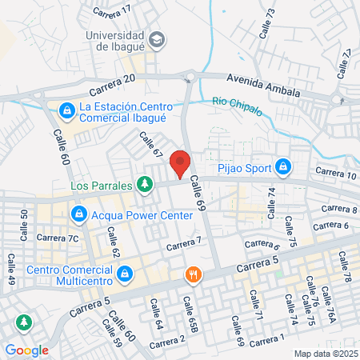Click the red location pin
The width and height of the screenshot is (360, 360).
[181, 163]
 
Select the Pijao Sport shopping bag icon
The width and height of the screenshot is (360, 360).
[282, 166]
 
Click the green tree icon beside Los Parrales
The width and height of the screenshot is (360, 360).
[144, 185]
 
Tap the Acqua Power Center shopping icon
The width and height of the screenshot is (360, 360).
[79, 214]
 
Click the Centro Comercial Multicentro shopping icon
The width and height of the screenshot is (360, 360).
[125, 274]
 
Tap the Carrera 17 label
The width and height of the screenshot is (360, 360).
[111, 10]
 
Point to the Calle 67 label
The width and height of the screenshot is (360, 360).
[151, 146]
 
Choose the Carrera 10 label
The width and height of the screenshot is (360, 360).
[334, 172]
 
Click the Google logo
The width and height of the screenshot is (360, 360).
[27, 350]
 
